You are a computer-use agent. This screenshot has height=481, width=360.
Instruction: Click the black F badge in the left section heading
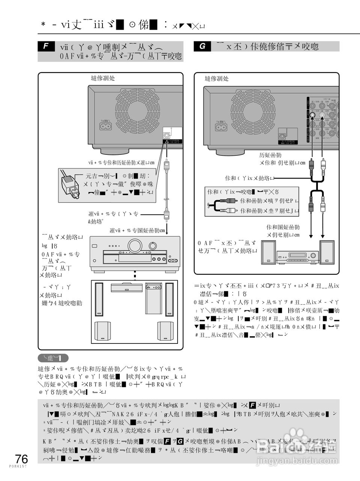tap(47, 46)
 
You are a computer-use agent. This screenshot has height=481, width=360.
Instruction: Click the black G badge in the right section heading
tap(202, 46)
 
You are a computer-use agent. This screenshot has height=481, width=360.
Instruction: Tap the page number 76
tap(21, 459)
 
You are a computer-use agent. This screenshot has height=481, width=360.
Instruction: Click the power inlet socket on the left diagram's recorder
tap(105, 126)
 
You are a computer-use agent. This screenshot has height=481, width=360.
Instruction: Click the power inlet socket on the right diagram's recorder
tap(221, 127)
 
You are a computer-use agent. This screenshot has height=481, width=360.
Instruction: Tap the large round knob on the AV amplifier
tap(133, 246)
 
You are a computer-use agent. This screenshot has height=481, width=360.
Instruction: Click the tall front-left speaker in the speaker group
tap(99, 299)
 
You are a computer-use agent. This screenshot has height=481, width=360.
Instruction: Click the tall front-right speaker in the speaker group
tap(169, 299)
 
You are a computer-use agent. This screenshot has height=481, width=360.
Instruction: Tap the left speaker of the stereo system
tap(269, 251)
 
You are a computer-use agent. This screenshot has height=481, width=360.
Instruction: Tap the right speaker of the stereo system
tap(327, 251)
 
